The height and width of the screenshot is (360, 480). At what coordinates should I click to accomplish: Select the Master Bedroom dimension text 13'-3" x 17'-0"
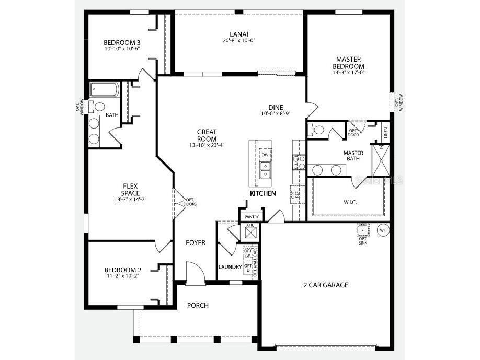349,73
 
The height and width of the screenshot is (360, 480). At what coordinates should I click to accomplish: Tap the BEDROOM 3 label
122,42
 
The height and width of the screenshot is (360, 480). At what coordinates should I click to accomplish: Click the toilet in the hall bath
99,107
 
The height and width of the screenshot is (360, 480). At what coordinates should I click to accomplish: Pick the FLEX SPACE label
131,189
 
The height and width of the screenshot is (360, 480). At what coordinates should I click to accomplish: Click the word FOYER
196,242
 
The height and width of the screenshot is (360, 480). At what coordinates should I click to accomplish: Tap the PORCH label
198,305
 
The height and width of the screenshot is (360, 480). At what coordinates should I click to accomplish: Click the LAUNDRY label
230,266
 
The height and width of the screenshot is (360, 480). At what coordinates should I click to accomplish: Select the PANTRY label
252,216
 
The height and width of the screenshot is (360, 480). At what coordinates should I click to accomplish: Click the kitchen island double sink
265,170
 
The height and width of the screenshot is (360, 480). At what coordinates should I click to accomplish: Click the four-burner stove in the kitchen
298,162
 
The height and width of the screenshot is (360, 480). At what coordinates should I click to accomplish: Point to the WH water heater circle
383,230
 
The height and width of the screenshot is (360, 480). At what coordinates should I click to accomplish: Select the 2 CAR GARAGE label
326,285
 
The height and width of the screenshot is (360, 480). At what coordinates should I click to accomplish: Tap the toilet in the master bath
317,130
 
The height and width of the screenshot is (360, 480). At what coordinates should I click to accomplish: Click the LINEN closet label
385,134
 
